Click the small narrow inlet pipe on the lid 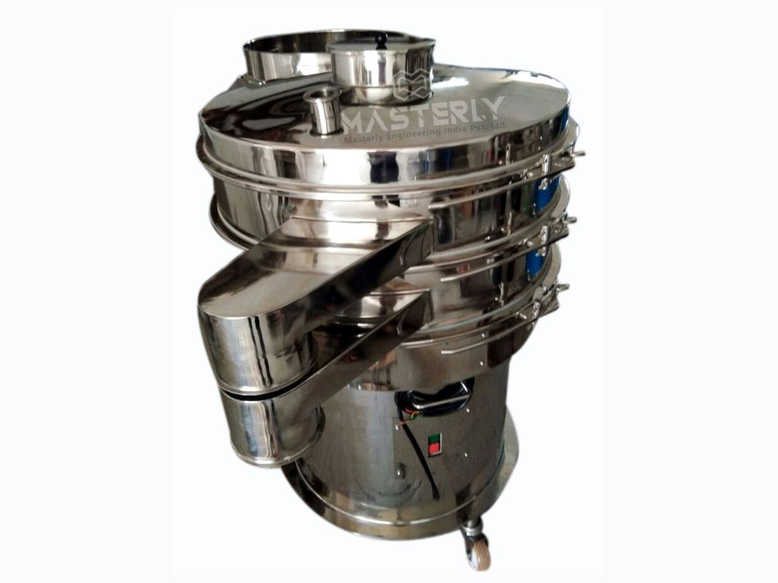322,111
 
